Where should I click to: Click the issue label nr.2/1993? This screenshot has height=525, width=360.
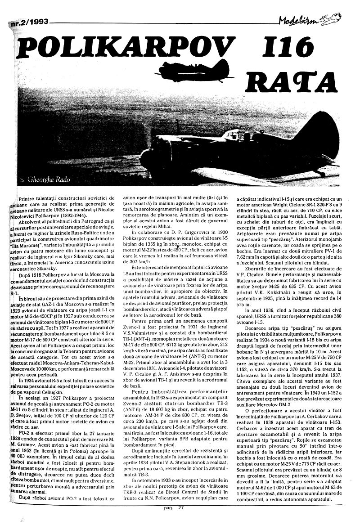click(x=30, y=20)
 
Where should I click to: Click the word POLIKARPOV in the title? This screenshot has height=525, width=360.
click(x=121, y=47)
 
